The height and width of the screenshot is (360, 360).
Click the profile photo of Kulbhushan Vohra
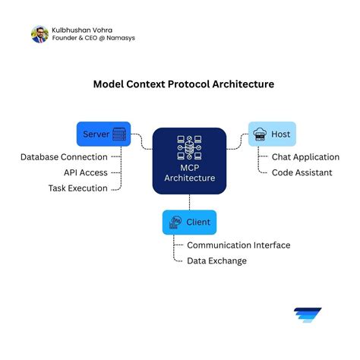[x=39, y=34]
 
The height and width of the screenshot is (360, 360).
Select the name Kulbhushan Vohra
[x=83, y=29]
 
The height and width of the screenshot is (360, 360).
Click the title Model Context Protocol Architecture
[x=183, y=85]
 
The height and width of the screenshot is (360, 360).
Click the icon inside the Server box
[x=118, y=134]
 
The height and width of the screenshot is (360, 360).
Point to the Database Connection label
[x=64, y=157]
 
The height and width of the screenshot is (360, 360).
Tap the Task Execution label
[x=77, y=188]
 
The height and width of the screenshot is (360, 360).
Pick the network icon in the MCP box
[x=189, y=148]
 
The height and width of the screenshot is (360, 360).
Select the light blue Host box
[x=271, y=134]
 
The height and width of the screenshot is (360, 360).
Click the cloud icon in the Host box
[x=261, y=134]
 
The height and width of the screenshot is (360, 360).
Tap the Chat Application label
[x=305, y=157]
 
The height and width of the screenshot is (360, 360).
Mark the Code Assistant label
[x=302, y=172]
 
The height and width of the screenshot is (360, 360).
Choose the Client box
[x=189, y=223]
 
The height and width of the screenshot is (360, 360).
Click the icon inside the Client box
[x=175, y=223]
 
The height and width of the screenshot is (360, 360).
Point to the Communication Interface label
[x=238, y=245]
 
